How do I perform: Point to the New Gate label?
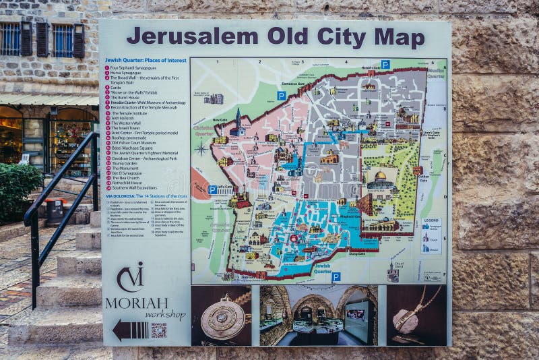click(x=220, y=121)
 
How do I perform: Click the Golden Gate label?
click(x=423, y=179)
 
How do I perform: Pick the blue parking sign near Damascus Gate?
click(x=281, y=96)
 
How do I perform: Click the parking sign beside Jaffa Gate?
click(x=213, y=190)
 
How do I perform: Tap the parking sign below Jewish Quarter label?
click(x=336, y=276)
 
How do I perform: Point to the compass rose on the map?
click(x=201, y=148)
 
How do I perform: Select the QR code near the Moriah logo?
click(x=158, y=330)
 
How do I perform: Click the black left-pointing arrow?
click(x=129, y=330)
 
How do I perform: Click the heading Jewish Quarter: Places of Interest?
click(x=145, y=60)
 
